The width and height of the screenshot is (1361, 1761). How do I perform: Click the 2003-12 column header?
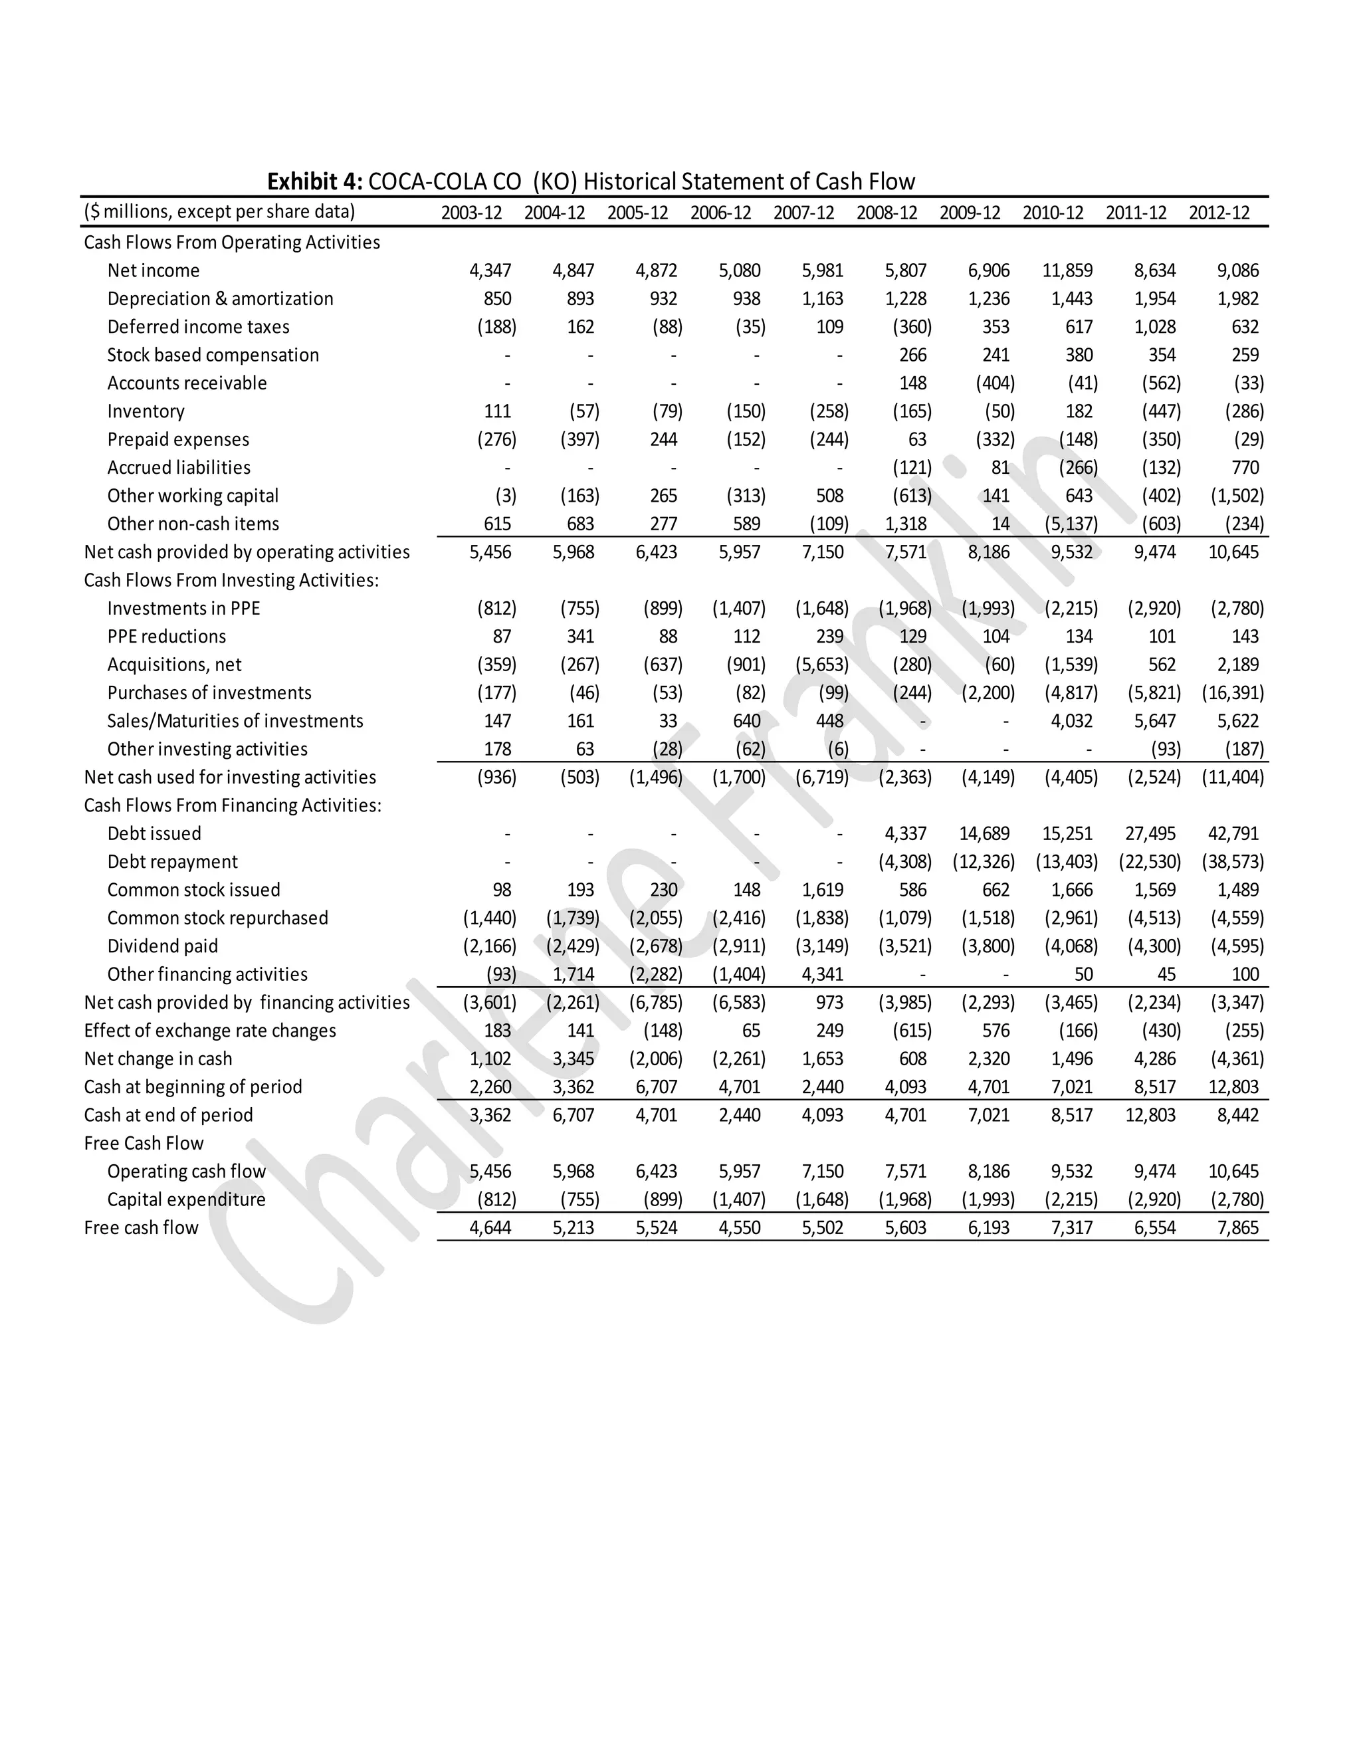point(471,213)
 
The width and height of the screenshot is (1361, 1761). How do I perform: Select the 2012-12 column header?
point(1218,213)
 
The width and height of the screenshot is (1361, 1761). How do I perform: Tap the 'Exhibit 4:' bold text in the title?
point(315,181)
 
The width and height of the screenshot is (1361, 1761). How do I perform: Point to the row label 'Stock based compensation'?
point(213,355)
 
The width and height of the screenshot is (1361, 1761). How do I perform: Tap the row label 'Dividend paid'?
point(162,946)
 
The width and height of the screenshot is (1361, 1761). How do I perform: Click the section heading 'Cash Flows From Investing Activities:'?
point(231,581)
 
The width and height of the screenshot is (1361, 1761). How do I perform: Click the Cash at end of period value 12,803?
point(1150,1115)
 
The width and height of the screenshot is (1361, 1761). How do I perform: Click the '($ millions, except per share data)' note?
point(219,212)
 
